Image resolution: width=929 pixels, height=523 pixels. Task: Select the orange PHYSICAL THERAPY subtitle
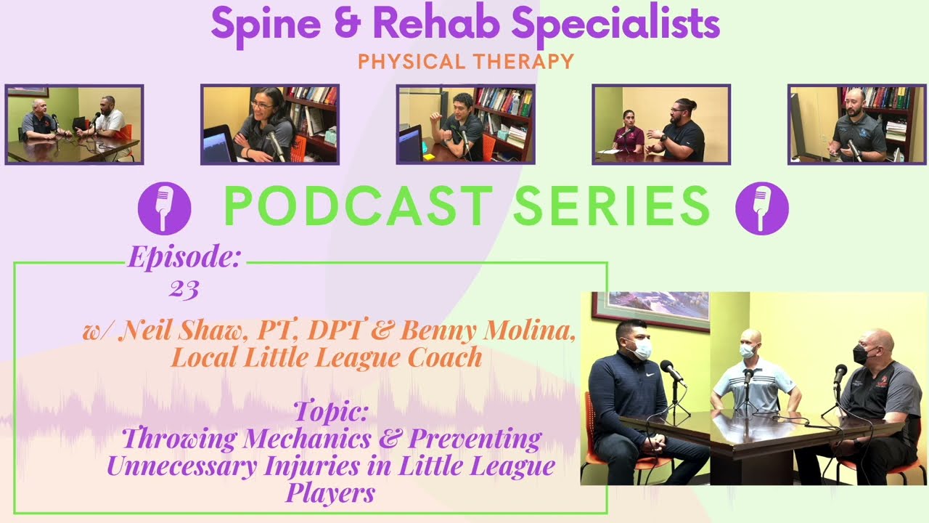466,62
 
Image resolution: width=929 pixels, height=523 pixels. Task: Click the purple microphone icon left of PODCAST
165,208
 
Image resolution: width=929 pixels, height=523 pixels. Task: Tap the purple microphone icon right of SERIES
761,208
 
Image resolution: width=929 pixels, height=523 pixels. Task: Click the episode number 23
184,290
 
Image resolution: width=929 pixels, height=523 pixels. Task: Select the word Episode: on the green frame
184,257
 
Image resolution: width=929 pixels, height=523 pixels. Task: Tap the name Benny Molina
487,331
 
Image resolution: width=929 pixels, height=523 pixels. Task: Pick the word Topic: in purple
331,412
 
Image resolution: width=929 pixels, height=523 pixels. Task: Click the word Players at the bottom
330,493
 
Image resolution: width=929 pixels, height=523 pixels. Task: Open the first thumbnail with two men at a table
74,124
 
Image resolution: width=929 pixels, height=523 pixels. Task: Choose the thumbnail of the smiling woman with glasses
269,124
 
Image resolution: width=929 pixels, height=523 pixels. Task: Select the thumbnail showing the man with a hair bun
661,124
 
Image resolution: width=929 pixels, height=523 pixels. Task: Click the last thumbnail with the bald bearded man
856,124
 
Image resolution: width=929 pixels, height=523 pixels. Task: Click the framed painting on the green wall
650,309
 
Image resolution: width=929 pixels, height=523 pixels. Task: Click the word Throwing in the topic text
179,439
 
